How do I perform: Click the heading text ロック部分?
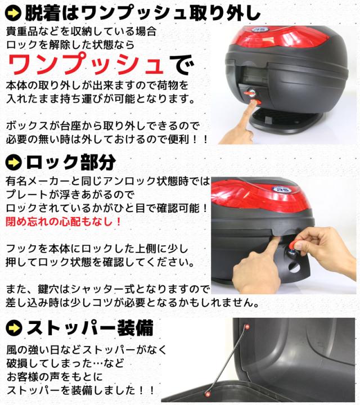click(x=71, y=163)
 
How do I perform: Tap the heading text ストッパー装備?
click(x=89, y=327)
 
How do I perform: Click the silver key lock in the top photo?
click(x=251, y=93)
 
